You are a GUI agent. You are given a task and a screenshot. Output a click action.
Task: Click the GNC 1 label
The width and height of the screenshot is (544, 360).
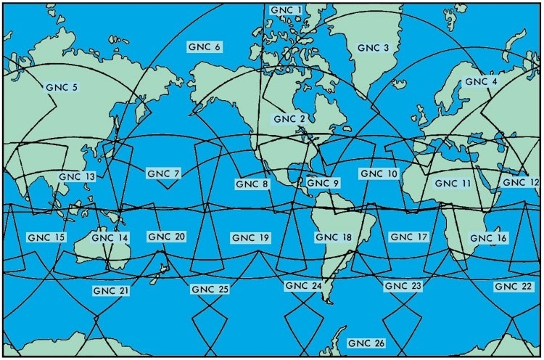(285, 9)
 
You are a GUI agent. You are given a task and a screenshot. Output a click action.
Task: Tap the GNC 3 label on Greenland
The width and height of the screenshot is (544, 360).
(374, 48)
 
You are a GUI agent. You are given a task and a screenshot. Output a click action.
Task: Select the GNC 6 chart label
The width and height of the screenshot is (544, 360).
(204, 47)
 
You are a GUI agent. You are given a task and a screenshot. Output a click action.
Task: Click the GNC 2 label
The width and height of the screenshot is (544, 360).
(289, 118)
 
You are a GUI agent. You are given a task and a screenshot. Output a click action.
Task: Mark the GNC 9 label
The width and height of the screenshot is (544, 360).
(323, 183)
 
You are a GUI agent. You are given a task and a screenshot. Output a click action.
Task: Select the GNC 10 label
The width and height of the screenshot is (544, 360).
(378, 174)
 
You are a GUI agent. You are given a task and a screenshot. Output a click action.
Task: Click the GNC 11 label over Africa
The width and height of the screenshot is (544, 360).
(453, 184)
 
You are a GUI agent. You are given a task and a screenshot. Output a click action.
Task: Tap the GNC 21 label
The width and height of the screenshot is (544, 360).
(111, 290)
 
